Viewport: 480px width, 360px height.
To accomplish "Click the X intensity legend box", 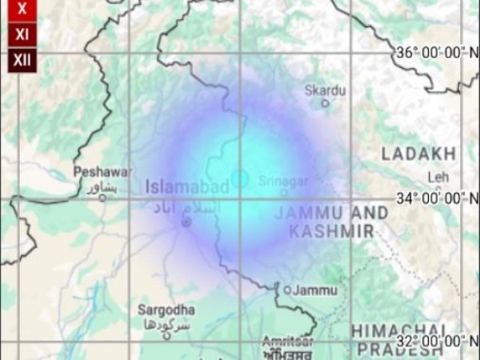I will (x=22, y=10).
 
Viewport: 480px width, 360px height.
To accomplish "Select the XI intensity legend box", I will (x=22, y=34).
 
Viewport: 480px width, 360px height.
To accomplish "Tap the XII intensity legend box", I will (x=22, y=59).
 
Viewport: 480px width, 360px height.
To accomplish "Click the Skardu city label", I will (x=326, y=90).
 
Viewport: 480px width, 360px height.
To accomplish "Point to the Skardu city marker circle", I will (x=325, y=103).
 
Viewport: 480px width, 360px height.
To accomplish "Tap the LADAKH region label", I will (x=418, y=154).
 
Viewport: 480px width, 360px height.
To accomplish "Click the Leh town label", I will (x=438, y=176).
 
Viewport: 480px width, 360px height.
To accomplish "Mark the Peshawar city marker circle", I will (x=102, y=197).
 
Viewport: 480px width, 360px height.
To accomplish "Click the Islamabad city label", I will (x=187, y=186).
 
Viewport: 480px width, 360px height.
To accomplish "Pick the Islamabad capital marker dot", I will (x=186, y=221).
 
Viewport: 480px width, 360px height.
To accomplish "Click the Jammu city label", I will (x=314, y=290).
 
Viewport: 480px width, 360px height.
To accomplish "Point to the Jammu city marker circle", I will (x=287, y=290).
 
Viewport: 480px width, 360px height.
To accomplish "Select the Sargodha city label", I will (x=166, y=310).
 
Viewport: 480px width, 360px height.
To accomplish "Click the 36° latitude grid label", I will (x=437, y=53).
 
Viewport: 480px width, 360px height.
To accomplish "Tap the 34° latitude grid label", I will (x=437, y=198).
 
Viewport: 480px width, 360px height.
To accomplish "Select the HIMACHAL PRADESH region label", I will (x=399, y=340).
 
